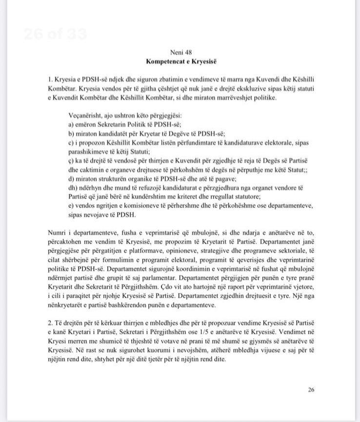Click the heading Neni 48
(180, 52)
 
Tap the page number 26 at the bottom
(311, 389)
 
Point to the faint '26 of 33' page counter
(55, 34)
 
